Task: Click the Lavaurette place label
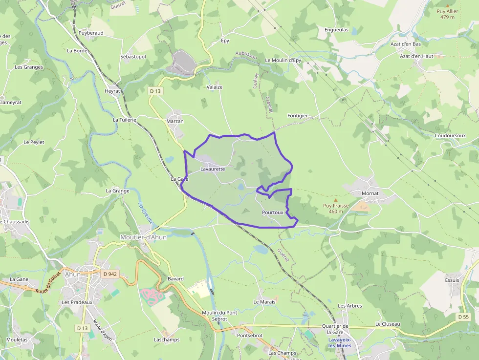click(213, 169)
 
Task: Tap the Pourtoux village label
click(272, 212)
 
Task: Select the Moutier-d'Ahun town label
click(143, 237)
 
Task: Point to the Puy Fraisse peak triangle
click(335, 200)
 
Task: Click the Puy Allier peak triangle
click(448, 5)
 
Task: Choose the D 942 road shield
click(110, 274)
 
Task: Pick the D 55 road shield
click(464, 317)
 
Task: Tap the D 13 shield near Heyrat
click(155, 91)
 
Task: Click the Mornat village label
click(370, 193)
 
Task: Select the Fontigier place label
click(298, 116)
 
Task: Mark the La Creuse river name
click(146, 213)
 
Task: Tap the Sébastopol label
click(133, 57)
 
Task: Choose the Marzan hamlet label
click(175, 121)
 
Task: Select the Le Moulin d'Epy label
click(283, 60)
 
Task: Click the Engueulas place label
click(336, 29)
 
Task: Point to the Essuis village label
click(452, 280)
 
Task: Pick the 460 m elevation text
click(336, 212)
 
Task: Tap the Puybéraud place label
click(91, 33)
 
